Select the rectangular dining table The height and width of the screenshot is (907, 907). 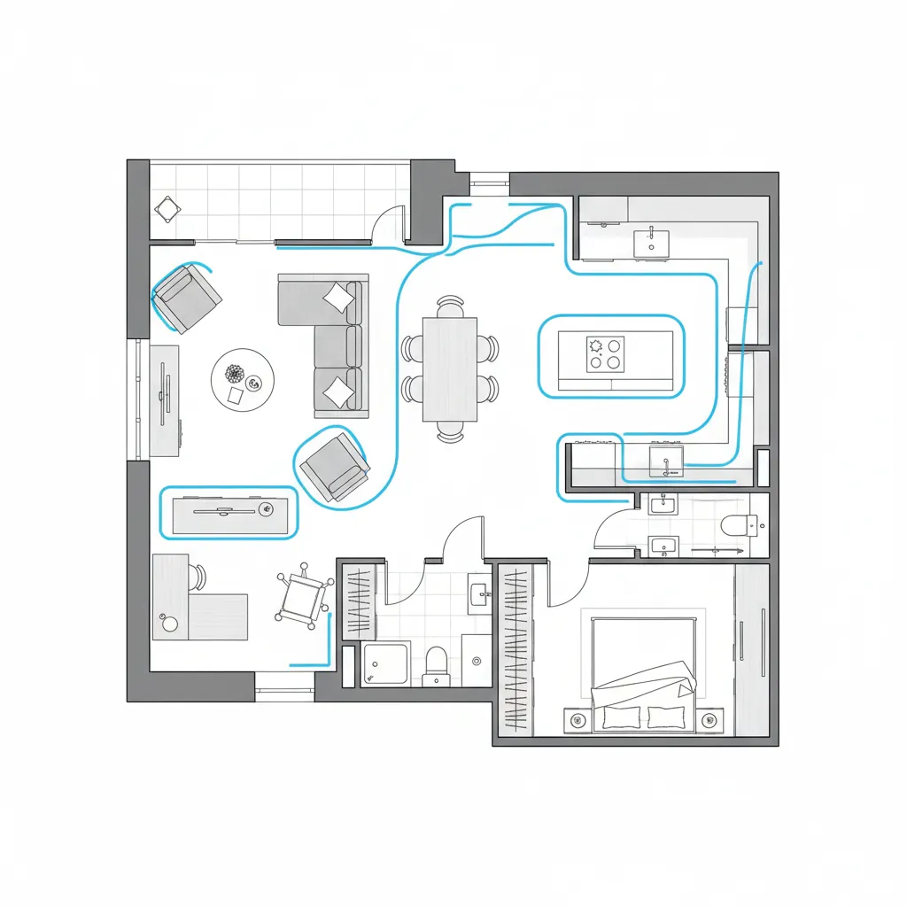pyautogui.click(x=450, y=369)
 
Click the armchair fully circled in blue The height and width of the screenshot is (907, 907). pyautogui.click(x=333, y=465)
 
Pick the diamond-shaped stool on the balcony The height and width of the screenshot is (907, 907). pyautogui.click(x=167, y=209)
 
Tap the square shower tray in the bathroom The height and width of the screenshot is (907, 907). pyautogui.click(x=385, y=664)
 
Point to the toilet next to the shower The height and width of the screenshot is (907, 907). pyautogui.click(x=436, y=664)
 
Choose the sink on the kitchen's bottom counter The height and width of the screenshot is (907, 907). pyautogui.click(x=666, y=460)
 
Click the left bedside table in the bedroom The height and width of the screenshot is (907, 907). pyautogui.click(x=578, y=719)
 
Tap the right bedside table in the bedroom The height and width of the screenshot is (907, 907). pyautogui.click(x=708, y=720)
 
